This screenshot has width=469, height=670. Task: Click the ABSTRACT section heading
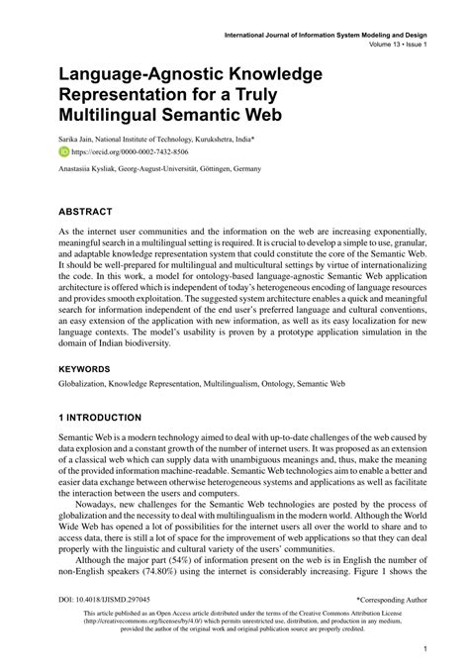86,212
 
